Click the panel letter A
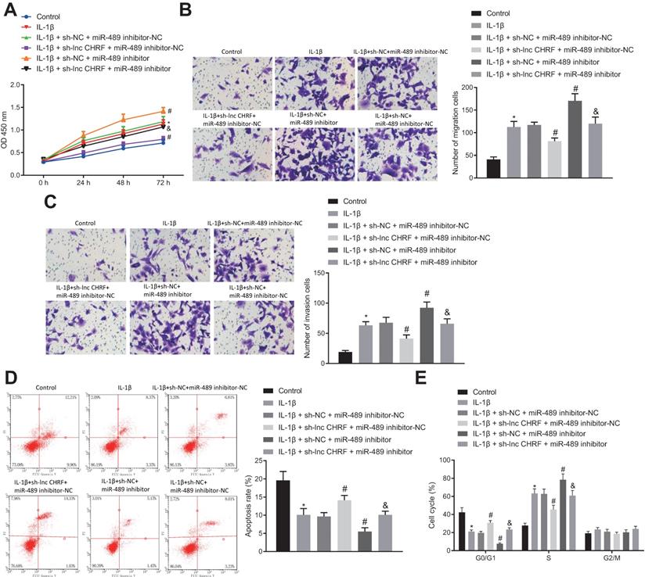point(9,9)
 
